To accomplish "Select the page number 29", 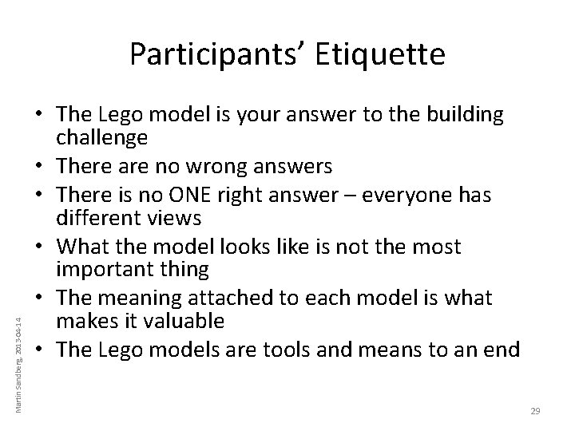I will pyautogui.click(x=535, y=410).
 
